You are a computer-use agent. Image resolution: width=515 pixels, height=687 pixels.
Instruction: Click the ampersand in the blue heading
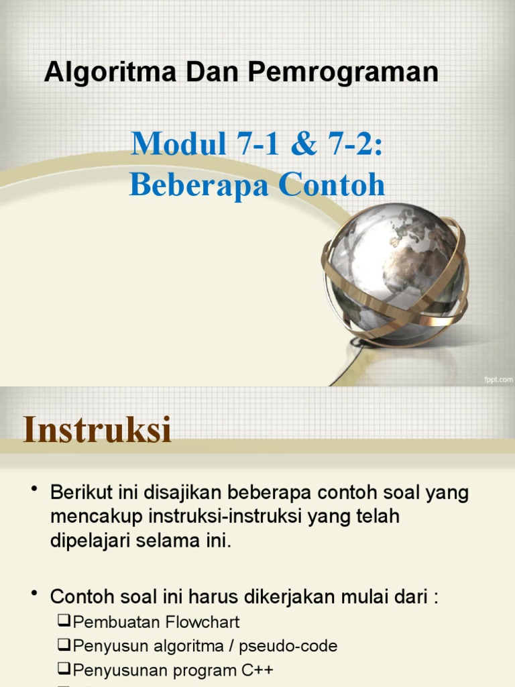pos(304,144)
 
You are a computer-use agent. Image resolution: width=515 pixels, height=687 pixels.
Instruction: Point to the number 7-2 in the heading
pos(355,144)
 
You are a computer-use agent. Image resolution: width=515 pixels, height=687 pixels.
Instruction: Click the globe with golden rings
pos(395,275)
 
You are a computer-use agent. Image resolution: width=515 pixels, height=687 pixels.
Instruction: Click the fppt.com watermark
pos(498,380)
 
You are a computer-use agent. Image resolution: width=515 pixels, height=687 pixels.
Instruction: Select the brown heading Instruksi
pos(98,430)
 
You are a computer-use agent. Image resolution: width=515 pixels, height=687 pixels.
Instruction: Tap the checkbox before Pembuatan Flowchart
pos(64,621)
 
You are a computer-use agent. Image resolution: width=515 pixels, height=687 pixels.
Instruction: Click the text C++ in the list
pos(258,670)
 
